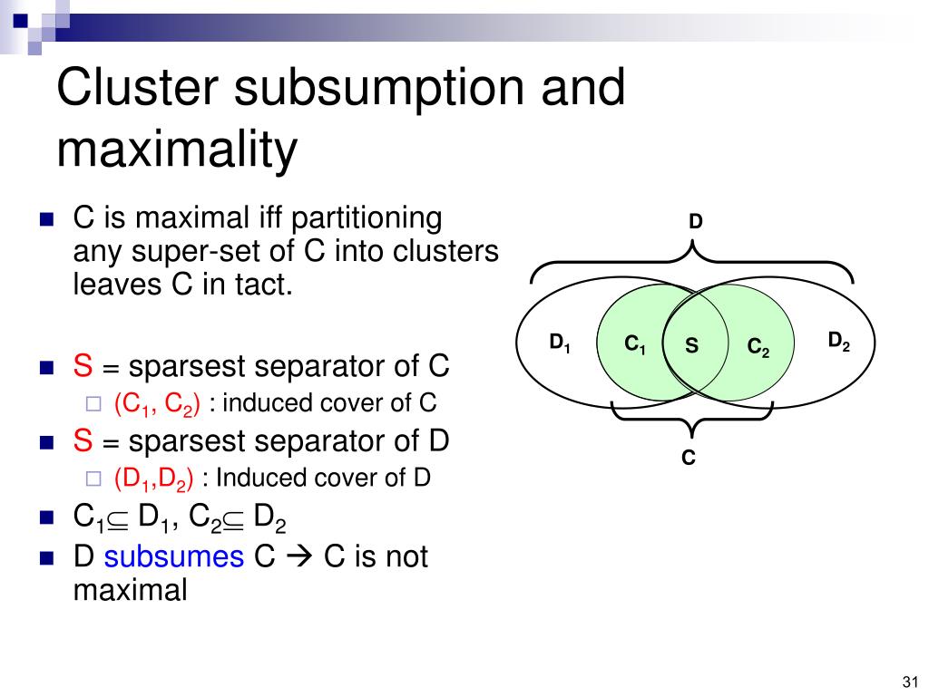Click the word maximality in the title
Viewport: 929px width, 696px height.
(177, 150)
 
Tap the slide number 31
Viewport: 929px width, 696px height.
(910, 681)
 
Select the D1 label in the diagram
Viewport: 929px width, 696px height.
(559, 342)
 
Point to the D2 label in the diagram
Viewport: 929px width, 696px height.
(838, 341)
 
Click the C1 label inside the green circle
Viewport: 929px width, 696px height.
(634, 343)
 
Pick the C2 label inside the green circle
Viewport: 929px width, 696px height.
(758, 347)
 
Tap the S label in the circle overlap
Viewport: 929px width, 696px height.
(691, 345)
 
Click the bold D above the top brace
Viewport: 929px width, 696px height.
(695, 221)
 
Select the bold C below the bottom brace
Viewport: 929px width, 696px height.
(688, 458)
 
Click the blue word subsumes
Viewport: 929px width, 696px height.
(173, 556)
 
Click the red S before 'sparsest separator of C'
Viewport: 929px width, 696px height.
(83, 366)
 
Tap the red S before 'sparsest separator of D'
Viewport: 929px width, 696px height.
(83, 441)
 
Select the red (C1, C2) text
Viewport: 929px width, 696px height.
(157, 404)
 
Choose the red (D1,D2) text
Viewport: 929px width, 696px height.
(153, 478)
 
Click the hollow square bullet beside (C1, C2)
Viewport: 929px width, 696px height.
(93, 403)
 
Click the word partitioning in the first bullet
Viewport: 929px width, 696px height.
(367, 218)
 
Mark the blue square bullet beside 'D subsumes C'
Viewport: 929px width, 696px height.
(46, 558)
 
